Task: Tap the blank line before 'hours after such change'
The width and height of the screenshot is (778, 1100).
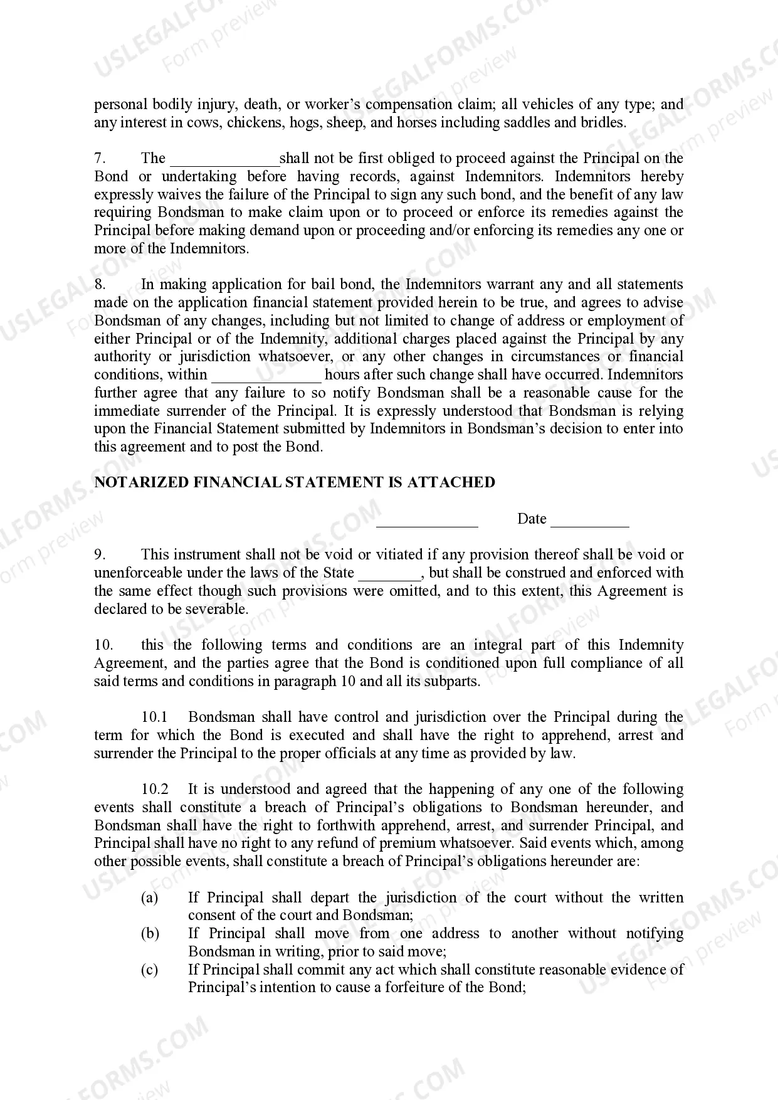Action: click(x=266, y=378)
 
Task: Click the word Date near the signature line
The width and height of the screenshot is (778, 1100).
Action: click(x=532, y=519)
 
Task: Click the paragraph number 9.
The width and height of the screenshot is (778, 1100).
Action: click(x=100, y=555)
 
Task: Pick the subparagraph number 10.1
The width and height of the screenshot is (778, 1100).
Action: click(x=154, y=717)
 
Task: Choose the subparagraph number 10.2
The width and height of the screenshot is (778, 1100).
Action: click(x=154, y=790)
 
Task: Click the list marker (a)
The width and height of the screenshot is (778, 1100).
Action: click(x=149, y=898)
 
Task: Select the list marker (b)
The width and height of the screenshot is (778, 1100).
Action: click(x=149, y=934)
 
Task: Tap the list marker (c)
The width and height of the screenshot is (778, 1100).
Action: click(x=149, y=970)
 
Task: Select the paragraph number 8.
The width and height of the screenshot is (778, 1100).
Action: click(x=100, y=285)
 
